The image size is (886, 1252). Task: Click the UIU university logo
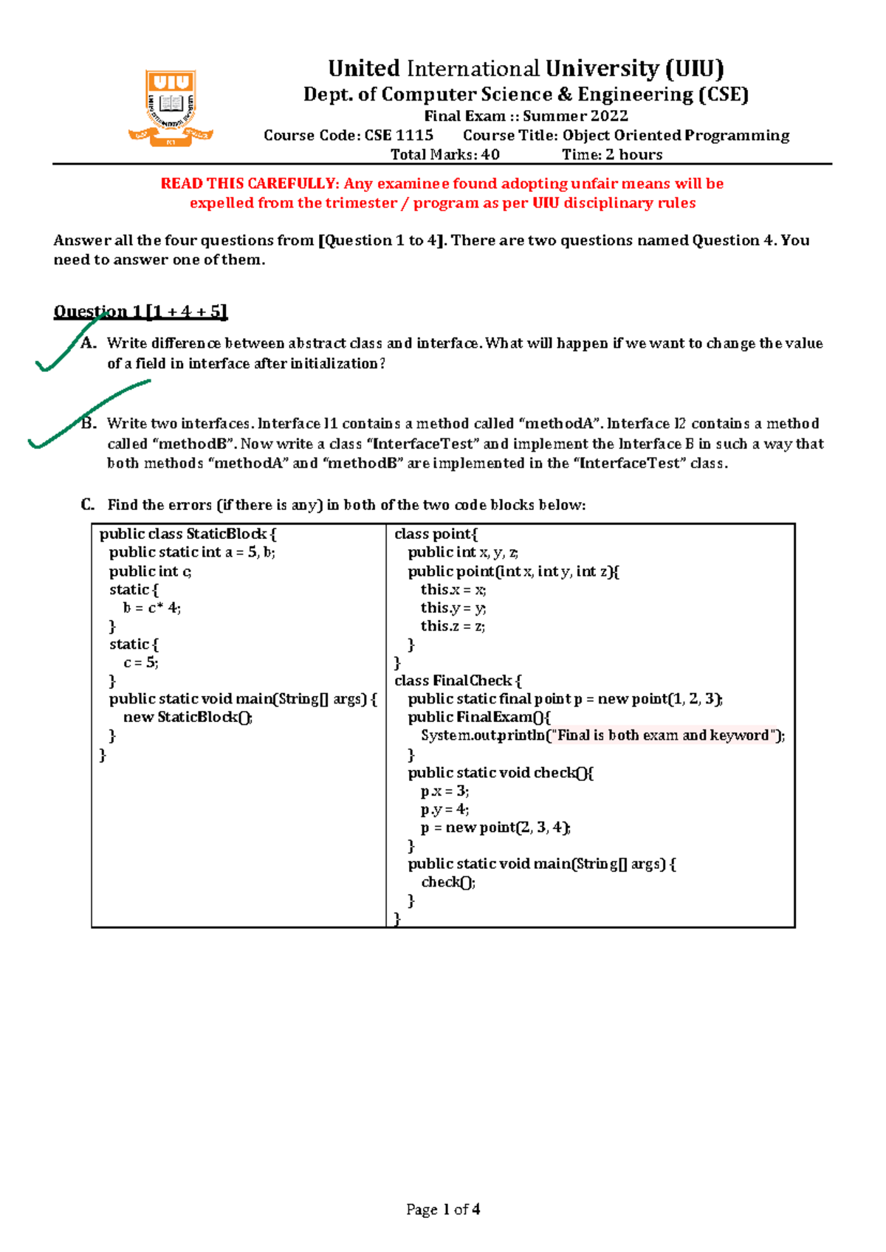click(171, 108)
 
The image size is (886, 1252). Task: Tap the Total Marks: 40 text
click(444, 155)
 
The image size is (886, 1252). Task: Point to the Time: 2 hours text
click(612, 155)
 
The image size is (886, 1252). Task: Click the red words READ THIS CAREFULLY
click(250, 184)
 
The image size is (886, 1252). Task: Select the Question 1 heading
click(140, 312)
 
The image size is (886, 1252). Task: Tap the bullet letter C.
click(88, 505)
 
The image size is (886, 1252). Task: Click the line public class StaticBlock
click(188, 534)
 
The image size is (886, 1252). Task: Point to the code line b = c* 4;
click(151, 608)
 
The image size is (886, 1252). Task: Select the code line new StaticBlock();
click(188, 718)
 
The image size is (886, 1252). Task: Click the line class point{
click(436, 534)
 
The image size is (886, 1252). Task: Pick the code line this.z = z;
click(453, 627)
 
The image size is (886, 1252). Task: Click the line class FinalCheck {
click(458, 681)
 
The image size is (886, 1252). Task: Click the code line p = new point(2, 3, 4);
click(495, 828)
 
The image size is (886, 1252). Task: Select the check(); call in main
click(448, 882)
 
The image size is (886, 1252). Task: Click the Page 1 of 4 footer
click(443, 1209)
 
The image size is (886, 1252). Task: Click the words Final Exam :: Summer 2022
click(526, 116)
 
